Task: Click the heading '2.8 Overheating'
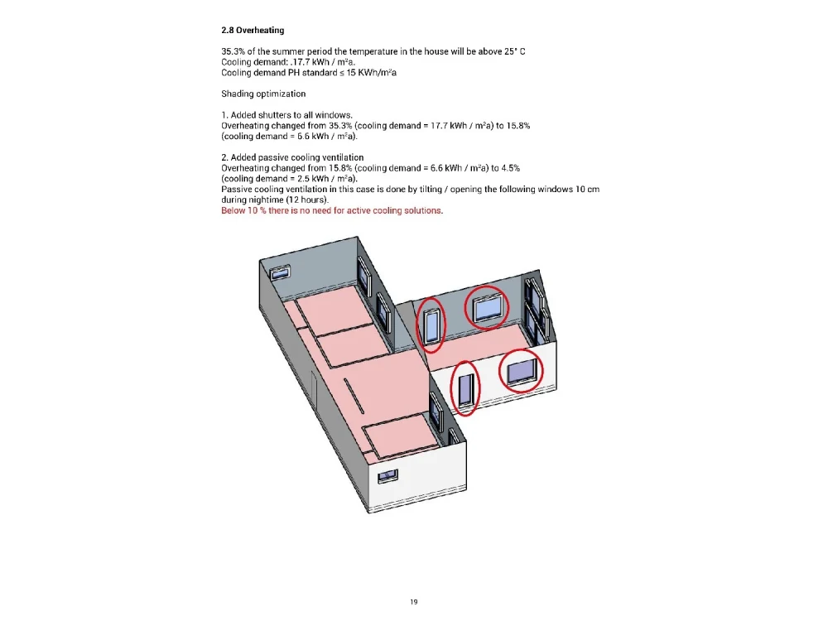click(253, 31)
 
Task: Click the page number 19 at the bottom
click(414, 601)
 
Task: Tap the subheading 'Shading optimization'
click(263, 94)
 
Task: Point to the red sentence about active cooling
click(331, 211)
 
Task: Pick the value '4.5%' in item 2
click(508, 168)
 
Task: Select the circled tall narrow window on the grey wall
click(431, 324)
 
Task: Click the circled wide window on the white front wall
click(521, 372)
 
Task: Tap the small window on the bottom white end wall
click(387, 476)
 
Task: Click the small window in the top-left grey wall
click(279, 270)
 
